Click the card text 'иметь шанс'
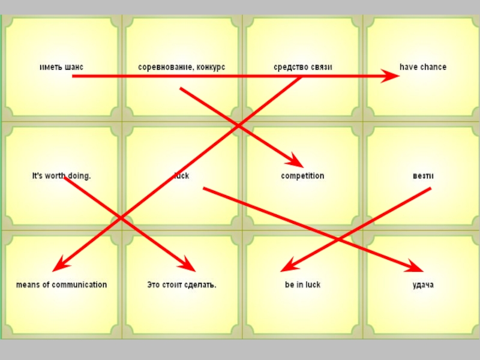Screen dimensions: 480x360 pos(61,67)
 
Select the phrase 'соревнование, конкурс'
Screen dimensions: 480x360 pos(182,67)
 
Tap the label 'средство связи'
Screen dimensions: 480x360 pos(302,67)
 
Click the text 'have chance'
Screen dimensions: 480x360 pos(423,67)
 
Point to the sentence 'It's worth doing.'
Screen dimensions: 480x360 pos(61,176)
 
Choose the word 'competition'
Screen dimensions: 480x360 pos(302,176)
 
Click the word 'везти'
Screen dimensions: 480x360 pos(423,176)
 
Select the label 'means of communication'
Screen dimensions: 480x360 pos(61,284)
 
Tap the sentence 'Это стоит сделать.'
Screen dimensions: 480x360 pos(182,284)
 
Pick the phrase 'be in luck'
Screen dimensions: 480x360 pos(302,284)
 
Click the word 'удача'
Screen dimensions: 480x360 pos(423,284)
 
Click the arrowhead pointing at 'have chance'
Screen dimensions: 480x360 pos(392,76)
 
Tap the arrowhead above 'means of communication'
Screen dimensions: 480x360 pos(60,266)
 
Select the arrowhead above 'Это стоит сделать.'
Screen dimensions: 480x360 pos(188,266)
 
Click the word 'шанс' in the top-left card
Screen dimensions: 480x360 pos(73,67)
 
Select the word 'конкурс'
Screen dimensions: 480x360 pos(209,67)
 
